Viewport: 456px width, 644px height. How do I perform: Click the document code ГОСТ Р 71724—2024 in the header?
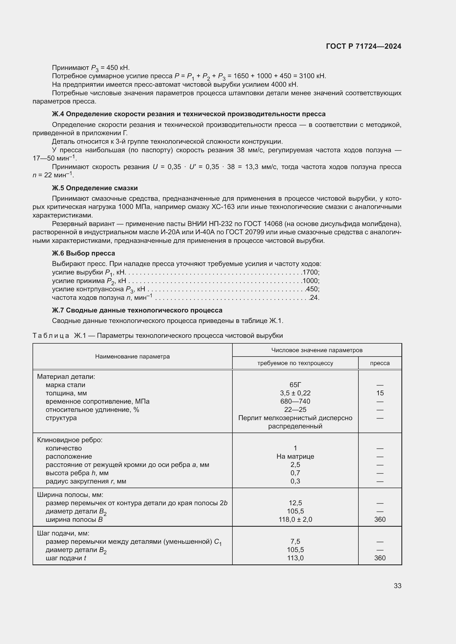[x=364, y=46]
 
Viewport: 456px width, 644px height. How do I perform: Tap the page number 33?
[x=397, y=586]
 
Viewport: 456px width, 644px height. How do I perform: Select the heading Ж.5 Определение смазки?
[x=95, y=188]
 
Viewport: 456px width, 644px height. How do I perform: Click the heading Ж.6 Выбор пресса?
[x=83, y=253]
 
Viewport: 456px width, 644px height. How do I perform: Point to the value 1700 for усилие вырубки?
[x=310, y=272]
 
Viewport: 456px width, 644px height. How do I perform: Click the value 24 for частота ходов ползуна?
[x=314, y=298]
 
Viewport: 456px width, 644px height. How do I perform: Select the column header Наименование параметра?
[x=132, y=357]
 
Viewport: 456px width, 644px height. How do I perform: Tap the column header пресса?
[x=380, y=363]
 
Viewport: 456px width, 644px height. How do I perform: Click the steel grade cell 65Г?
[x=295, y=385]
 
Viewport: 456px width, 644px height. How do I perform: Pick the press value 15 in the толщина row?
[x=380, y=393]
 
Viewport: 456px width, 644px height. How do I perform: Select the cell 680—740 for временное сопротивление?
[x=295, y=401]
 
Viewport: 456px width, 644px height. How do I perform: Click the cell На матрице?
[x=295, y=456]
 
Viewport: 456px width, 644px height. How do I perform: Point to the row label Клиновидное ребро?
[x=70, y=440]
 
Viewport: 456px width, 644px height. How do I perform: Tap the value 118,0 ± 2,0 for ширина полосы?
[x=295, y=520]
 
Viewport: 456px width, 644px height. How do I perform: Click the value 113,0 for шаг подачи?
[x=295, y=558]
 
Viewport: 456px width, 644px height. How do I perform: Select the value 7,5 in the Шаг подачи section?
[x=295, y=541]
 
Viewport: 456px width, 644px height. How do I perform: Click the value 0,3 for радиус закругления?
[x=295, y=481]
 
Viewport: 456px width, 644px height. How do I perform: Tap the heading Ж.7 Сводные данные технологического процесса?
[x=137, y=310]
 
